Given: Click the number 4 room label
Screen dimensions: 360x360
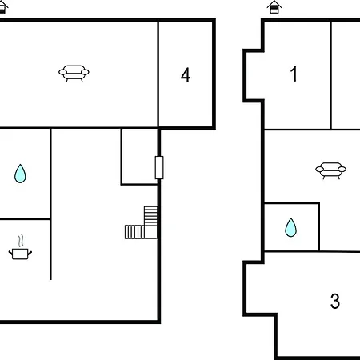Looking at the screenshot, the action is pos(186,75).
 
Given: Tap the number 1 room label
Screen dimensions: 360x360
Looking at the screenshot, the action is pos(294,74).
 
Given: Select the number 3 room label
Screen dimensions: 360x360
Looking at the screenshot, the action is pos(335,301).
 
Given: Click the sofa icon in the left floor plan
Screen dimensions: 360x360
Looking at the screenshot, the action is pos(74,74).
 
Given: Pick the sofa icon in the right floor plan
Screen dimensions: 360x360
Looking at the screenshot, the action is pos(330,170).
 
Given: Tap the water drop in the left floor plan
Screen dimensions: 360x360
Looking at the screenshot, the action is pos(20,174).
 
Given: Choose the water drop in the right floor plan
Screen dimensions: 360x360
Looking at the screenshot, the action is pos(290,227).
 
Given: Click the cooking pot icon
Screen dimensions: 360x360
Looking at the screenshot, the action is pos(20,254).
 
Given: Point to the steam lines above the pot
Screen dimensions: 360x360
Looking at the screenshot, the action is pos(21,240).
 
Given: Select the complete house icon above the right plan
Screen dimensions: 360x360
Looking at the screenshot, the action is pos(274,7).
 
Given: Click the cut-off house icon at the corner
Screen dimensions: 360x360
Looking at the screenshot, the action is pos(3,7).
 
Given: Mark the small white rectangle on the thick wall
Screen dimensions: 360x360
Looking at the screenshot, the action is pos(159,167).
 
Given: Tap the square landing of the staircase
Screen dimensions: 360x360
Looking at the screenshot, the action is pos(150,232).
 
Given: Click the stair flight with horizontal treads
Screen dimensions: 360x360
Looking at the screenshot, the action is pos(150,216).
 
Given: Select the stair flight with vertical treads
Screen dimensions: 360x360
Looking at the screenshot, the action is pos(134,232).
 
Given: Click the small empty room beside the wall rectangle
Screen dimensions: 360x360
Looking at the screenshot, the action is pos(139,156).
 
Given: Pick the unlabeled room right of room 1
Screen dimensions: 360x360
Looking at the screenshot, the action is pos(346,75).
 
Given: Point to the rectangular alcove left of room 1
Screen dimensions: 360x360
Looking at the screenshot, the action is pos(255,75).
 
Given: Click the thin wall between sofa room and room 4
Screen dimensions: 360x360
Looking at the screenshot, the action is pos(158,74).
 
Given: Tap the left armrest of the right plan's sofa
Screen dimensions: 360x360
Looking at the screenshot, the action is pos(319,169).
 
